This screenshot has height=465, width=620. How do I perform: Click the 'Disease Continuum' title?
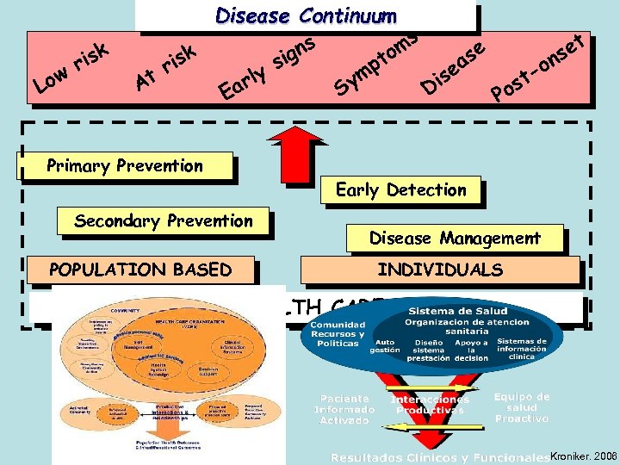coord(306,15)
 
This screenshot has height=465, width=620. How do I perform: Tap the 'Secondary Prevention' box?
coord(164,221)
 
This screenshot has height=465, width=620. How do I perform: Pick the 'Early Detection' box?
coord(401,190)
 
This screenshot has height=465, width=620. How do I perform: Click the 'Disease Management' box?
coord(456,238)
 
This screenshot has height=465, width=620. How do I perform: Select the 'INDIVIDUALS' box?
coord(440,270)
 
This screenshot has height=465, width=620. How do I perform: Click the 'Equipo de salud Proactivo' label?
coord(522,407)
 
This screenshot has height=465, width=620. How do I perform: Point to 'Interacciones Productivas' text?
coord(430,405)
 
